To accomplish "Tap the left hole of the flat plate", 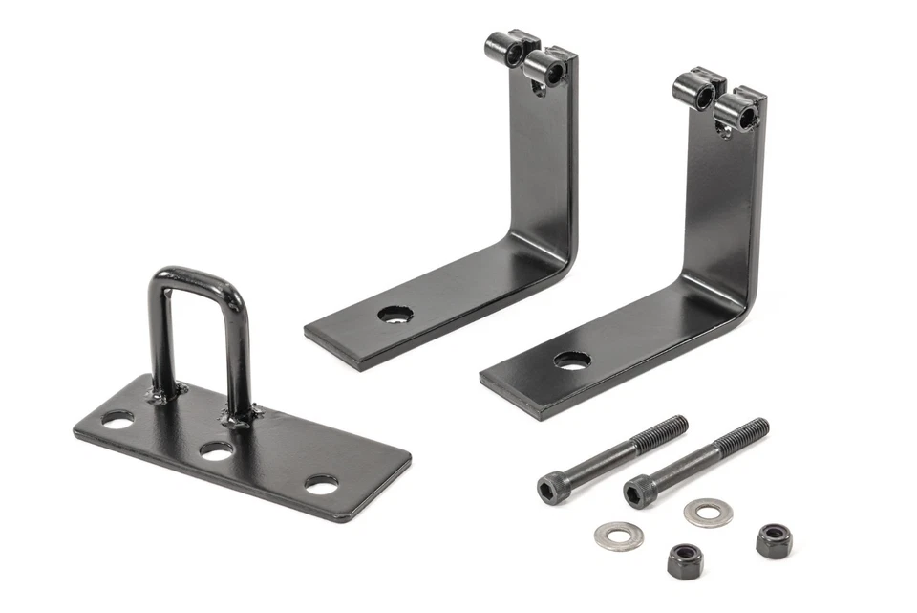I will click(118, 418).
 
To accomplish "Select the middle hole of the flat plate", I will click(218, 449).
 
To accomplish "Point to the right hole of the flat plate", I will click(321, 483).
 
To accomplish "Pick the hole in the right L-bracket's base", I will click(571, 361).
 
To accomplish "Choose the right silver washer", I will click(706, 512).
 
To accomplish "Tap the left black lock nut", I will click(682, 558).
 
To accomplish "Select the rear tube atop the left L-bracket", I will click(502, 44).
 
